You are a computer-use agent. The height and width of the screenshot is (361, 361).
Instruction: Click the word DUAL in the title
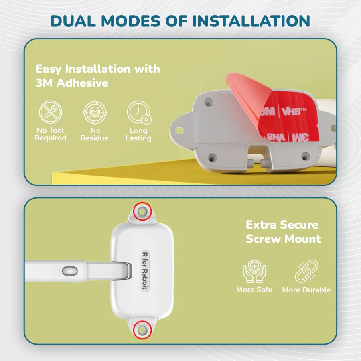73,21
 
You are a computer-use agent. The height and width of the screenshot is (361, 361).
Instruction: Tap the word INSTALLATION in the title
251,21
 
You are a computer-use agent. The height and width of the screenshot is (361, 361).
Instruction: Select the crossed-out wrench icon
51,112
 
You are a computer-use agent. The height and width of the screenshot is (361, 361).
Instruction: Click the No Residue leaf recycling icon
95,112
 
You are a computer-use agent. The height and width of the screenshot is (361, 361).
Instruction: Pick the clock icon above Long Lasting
139,112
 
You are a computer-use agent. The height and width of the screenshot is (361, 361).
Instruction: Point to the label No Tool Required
51,134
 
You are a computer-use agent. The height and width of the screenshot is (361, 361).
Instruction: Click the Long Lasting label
138,134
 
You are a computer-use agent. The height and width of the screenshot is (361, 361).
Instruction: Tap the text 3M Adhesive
72,83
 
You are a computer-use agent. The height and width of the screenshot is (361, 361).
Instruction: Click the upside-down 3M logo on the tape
300,138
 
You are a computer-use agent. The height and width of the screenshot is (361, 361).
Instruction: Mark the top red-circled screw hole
142,211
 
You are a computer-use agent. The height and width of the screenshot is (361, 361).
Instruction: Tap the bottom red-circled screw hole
142,330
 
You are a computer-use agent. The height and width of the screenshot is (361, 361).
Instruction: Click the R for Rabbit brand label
145,271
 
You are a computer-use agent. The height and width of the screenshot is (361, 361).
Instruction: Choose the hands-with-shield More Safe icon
254,271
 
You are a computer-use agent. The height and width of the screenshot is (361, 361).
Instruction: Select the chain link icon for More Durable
306,271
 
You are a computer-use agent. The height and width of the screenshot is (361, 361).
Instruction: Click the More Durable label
306,290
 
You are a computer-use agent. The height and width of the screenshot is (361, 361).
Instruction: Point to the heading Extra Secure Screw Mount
283,232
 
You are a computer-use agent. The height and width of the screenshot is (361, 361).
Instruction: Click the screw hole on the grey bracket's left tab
179,130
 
